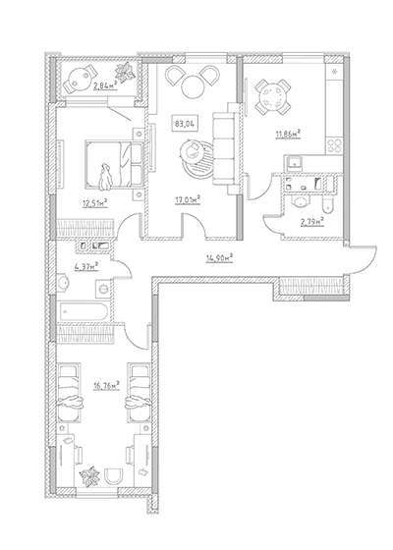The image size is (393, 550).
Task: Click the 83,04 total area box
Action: (185, 124)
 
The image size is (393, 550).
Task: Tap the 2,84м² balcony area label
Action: (105, 85)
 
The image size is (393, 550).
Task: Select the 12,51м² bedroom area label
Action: (94, 203)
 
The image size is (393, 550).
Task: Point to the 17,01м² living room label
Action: (188, 200)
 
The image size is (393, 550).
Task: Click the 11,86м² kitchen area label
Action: (288, 134)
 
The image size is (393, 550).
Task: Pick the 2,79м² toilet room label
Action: (311, 222)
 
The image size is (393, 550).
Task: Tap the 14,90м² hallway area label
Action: (220, 258)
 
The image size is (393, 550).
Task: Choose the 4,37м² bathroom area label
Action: (86, 267)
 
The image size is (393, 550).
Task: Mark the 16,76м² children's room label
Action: (106, 386)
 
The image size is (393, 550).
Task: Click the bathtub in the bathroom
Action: (84, 311)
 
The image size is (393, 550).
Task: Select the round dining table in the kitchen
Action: (273, 97)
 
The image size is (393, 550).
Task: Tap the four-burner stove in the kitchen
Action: (334, 146)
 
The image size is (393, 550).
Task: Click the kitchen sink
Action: (294, 164)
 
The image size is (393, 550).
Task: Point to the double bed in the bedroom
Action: (114, 165)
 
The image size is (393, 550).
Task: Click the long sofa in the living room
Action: (223, 148)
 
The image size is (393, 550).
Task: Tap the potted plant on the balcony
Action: (125, 73)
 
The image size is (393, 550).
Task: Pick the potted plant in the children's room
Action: (89, 476)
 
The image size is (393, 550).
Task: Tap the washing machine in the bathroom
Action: (103, 289)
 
